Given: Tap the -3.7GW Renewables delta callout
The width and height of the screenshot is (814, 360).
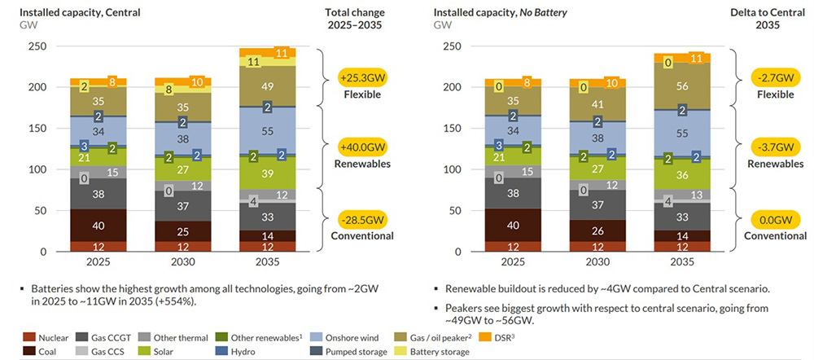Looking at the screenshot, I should (771, 150).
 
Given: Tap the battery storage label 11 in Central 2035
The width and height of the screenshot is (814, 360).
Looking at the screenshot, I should (254, 62).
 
